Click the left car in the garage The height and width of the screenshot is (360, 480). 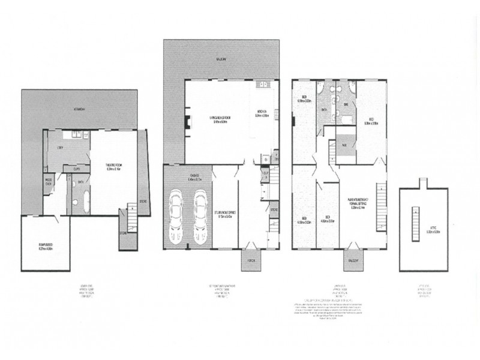[x=178, y=217]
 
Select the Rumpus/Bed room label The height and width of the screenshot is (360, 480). [x=45, y=244]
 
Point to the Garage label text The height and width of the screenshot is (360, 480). [x=187, y=178]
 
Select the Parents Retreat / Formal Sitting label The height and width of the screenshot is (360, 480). [x=360, y=201]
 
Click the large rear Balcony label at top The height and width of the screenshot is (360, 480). [x=221, y=60]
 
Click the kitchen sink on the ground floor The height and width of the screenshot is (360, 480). [x=263, y=85]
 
